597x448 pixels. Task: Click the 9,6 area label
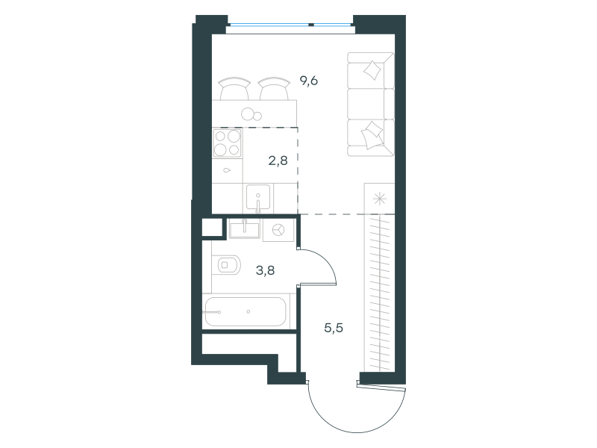click(x=309, y=81)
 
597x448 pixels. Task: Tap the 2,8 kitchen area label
click(x=278, y=161)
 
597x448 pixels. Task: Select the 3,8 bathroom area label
click(x=266, y=270)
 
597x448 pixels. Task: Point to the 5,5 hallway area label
click(x=334, y=328)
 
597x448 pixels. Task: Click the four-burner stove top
click(x=228, y=143)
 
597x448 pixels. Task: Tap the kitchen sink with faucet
click(x=258, y=198)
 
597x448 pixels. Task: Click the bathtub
click(x=246, y=312)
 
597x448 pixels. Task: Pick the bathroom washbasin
click(x=245, y=229)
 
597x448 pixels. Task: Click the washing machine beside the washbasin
click(x=278, y=230)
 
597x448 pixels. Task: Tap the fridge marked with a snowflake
click(x=379, y=199)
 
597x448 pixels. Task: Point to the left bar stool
click(x=234, y=88)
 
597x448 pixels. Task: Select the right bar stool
click(x=274, y=88)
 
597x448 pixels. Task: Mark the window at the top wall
click(x=290, y=25)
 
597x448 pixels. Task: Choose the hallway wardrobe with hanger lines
click(x=379, y=293)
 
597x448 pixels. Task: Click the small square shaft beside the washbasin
click(x=212, y=228)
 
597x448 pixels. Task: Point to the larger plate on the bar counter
click(x=248, y=113)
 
